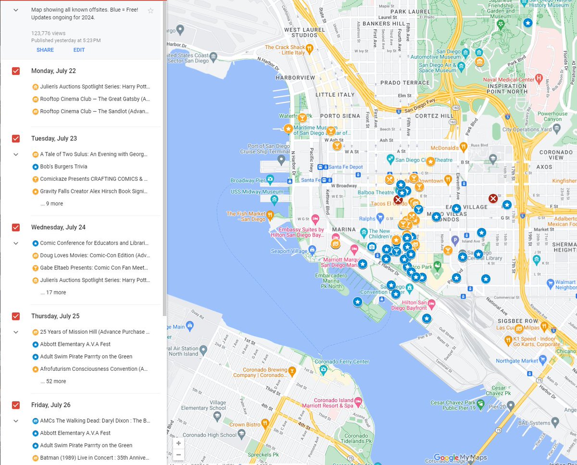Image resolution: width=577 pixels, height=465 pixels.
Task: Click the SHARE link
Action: (x=45, y=50)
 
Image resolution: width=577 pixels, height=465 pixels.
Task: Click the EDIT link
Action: (x=79, y=50)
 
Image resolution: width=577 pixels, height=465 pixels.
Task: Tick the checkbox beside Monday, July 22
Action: (x=16, y=71)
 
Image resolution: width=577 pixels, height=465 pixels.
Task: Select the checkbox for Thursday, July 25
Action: (x=16, y=316)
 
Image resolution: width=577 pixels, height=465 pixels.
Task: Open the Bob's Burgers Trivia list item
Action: (x=63, y=166)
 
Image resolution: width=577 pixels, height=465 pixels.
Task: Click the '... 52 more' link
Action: (x=53, y=381)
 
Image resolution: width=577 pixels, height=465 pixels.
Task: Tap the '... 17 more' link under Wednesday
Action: (x=53, y=292)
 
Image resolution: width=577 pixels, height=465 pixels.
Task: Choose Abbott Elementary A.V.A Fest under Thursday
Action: (x=75, y=344)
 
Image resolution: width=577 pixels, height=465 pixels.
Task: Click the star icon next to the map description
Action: (x=151, y=11)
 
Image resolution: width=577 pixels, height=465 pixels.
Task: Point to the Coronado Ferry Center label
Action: (x=341, y=362)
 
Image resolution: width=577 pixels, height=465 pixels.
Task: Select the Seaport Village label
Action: (x=287, y=251)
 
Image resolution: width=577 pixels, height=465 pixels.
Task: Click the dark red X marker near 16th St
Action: (x=493, y=198)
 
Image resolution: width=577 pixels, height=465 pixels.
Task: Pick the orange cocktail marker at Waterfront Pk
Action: (x=302, y=117)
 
